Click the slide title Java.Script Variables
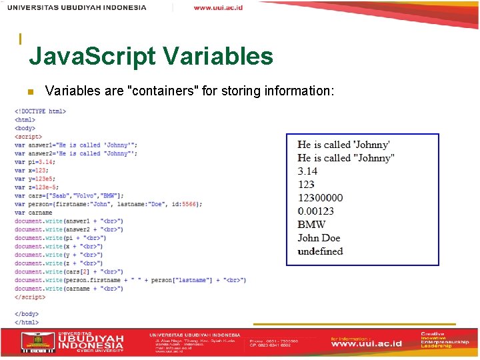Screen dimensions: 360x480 tap(151, 56)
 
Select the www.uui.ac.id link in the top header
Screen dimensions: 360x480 tap(218, 7)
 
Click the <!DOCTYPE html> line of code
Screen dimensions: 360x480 tap(40, 111)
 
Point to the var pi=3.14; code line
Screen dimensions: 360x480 tap(35, 162)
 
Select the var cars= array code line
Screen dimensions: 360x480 tap(69, 196)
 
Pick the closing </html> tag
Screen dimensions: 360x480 tap(27, 322)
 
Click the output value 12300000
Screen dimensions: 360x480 tap(321, 198)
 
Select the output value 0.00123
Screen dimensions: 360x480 tap(316, 211)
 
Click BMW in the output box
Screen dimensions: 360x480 tap(311, 225)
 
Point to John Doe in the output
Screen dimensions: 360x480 tap(319, 238)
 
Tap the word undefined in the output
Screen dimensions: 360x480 tap(320, 251)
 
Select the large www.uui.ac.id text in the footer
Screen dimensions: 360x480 tap(367, 344)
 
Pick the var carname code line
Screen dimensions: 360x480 tap(33, 213)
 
